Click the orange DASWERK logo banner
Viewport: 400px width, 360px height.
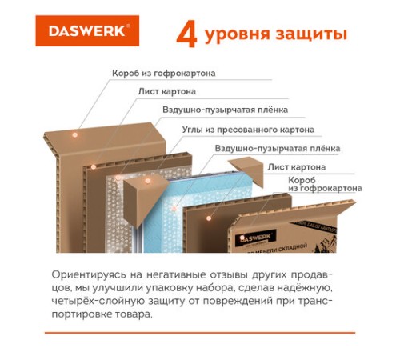click(87, 30)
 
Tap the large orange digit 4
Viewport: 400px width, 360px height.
click(186, 34)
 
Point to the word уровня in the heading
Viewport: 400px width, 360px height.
click(238, 35)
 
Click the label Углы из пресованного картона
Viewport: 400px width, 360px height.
click(248, 130)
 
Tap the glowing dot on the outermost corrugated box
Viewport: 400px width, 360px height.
click(75, 135)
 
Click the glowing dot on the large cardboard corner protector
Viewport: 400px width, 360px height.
click(148, 181)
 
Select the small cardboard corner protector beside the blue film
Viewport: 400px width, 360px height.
click(246, 170)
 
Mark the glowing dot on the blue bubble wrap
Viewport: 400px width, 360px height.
click(174, 208)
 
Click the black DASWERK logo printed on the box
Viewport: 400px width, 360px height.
click(255, 238)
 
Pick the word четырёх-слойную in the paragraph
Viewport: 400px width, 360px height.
click(98, 301)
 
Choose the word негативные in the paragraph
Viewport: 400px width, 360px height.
click(176, 274)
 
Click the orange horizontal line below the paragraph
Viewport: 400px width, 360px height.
click(200, 333)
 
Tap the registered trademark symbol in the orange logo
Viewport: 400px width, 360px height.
click(128, 26)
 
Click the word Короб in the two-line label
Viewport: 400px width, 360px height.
click(302, 180)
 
